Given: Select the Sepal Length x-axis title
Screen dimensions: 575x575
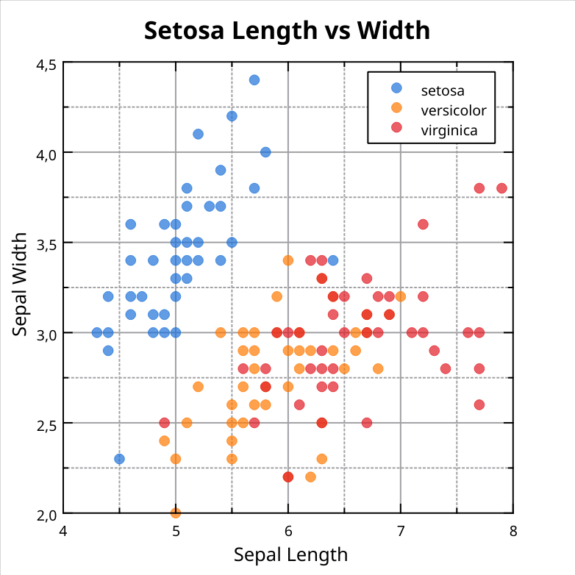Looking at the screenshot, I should [x=290, y=554].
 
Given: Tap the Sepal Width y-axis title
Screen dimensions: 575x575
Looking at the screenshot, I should [x=21, y=284].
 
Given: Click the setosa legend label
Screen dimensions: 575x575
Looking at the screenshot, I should [x=442, y=91].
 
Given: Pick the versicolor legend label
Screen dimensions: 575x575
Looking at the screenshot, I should [x=453, y=110].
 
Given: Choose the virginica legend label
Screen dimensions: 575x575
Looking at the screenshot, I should [x=449, y=131].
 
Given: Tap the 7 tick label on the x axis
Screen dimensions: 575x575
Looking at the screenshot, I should [x=401, y=530].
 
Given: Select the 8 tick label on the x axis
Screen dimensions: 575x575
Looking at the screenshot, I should [x=512, y=530].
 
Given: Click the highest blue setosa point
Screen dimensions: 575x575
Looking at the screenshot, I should [x=254, y=80].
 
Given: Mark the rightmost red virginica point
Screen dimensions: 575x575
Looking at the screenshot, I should [x=502, y=188].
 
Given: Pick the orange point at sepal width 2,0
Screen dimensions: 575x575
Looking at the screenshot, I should [x=176, y=512].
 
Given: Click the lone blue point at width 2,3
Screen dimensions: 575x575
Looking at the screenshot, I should [x=119, y=459].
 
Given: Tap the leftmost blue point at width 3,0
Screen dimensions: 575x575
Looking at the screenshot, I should [x=97, y=332].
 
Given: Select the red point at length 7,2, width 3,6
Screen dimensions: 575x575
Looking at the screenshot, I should [x=423, y=224].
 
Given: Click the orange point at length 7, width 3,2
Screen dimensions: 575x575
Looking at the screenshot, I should [x=401, y=296].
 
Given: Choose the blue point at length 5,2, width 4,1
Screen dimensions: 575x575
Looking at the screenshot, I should [x=198, y=134].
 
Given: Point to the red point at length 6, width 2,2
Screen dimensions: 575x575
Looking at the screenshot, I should [x=288, y=476].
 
